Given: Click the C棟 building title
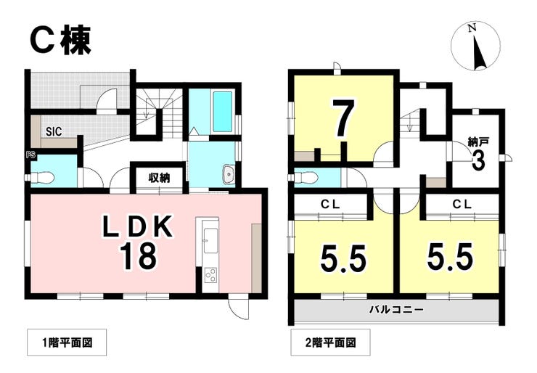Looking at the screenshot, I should coord(60,41).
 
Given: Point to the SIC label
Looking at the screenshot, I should coord(53,132).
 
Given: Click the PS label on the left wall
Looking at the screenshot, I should coord(30,154).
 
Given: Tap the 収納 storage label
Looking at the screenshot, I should coord(160,178).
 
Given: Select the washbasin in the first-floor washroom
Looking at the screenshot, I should coord(227,174).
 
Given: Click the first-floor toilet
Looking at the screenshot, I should coord(45,176).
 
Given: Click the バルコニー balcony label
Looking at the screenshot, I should coord(395,310).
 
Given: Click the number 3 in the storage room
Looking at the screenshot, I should coord(477,161).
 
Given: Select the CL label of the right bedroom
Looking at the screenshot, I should coord(462,205).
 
